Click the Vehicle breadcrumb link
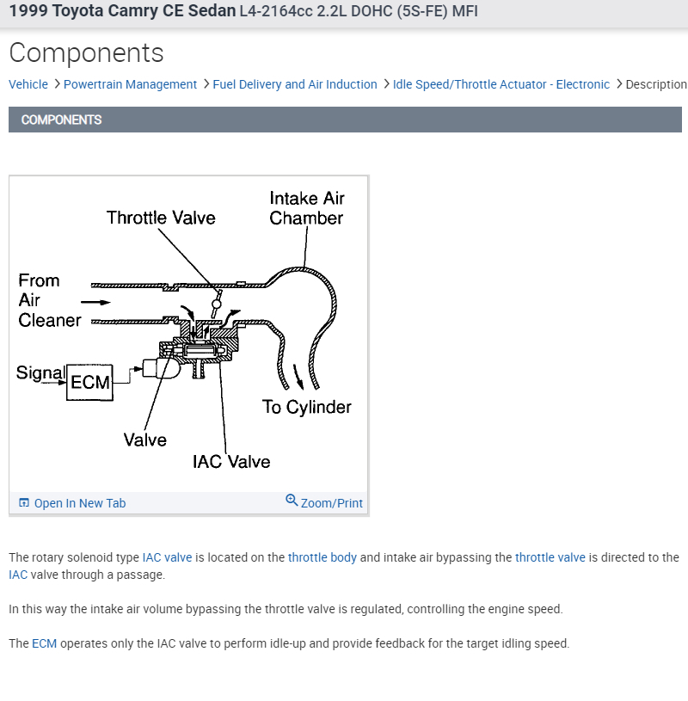(x=28, y=84)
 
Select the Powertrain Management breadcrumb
(x=130, y=84)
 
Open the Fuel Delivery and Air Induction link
(x=295, y=84)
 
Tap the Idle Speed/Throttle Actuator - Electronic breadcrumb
(x=501, y=84)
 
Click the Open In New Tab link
(x=79, y=503)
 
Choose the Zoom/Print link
(x=331, y=503)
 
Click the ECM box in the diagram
(x=90, y=381)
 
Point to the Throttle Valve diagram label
(x=161, y=218)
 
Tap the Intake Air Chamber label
(x=306, y=208)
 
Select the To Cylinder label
(x=307, y=407)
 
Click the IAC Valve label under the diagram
(x=231, y=462)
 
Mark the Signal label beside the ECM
(x=40, y=372)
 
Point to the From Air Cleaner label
(x=49, y=300)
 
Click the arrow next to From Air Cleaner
(x=95, y=302)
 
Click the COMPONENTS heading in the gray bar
(x=61, y=120)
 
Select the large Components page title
(x=86, y=52)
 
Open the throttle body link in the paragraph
(x=322, y=557)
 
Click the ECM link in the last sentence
(x=44, y=643)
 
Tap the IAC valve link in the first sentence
(x=167, y=557)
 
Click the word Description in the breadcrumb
(x=655, y=84)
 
